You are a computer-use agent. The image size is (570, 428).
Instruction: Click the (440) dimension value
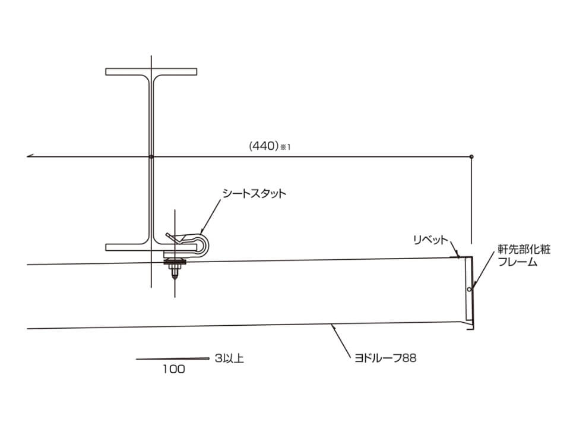[x=264, y=146]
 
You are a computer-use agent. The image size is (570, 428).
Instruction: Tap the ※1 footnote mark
[x=286, y=147]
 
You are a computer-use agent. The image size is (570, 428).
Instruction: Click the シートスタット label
[x=254, y=193]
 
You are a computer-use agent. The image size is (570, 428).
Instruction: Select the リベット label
[x=430, y=240]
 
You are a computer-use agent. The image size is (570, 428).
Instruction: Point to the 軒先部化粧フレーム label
[x=524, y=256]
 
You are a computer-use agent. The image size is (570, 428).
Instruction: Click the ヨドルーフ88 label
[x=385, y=358]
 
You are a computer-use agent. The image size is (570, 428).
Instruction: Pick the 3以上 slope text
[x=229, y=358]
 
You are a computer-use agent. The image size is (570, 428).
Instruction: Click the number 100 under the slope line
[x=174, y=369]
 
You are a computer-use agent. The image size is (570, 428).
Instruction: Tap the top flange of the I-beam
[x=151, y=72]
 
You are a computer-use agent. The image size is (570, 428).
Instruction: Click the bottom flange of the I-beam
[x=151, y=247]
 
